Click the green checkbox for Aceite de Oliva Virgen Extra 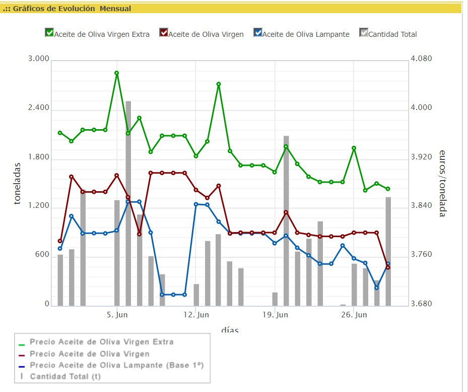(49, 33)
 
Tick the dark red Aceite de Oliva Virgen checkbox (163, 33)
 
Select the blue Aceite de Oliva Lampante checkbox (258, 33)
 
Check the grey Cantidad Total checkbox (364, 33)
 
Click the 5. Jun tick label (116, 315)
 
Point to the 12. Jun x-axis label (195, 315)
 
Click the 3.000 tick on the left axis (39, 59)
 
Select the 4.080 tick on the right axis (422, 59)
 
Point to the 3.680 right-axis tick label (422, 304)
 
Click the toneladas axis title (18, 183)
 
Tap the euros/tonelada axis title (442, 183)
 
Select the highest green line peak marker (116, 73)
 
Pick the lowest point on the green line (365, 190)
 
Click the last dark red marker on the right (388, 267)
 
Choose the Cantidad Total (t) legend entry (65, 376)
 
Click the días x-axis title (229, 330)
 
